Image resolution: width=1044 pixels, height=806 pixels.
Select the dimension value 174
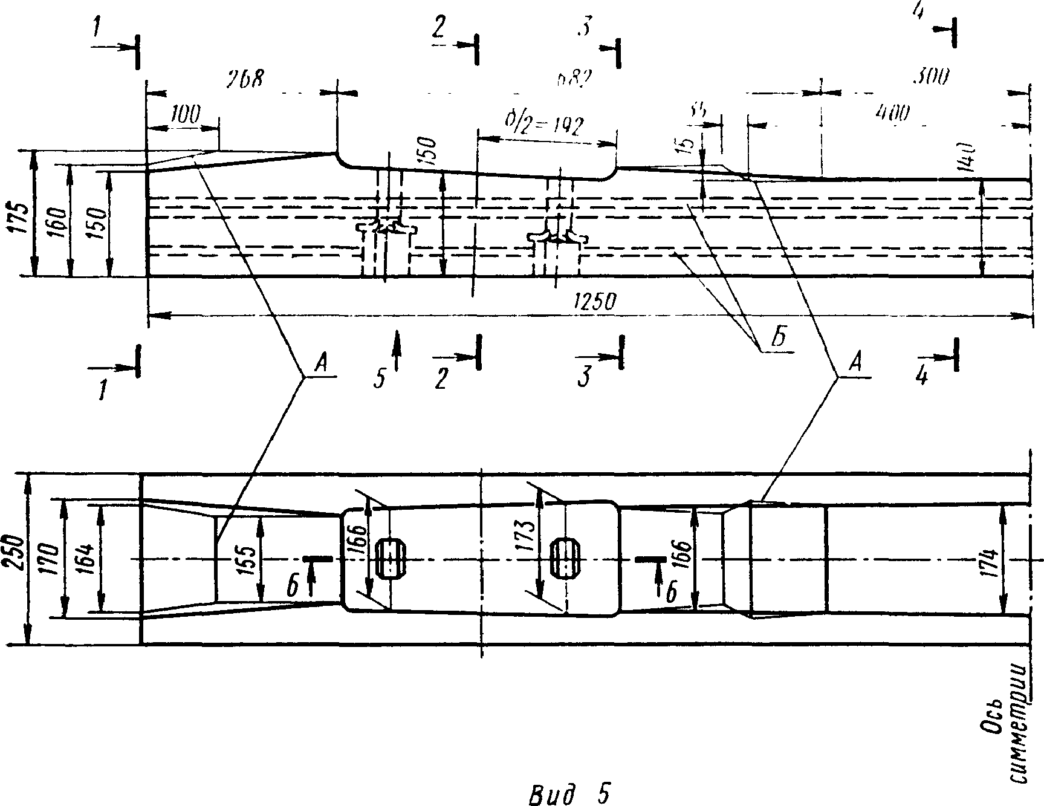pos(989,563)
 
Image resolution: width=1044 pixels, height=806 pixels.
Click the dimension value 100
pos(185,115)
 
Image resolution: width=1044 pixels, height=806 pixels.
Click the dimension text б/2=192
pos(543,126)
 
